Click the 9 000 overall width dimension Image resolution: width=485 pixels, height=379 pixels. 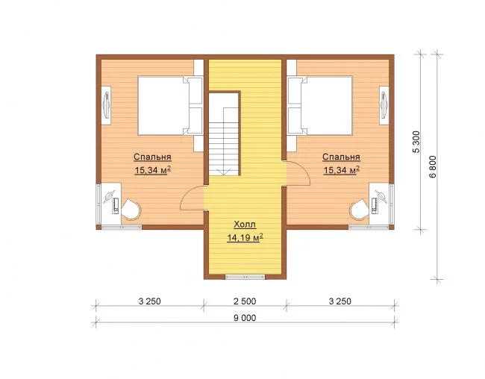pyautogui.click(x=245, y=318)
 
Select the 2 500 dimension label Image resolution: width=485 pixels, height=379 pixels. pyautogui.click(x=245, y=301)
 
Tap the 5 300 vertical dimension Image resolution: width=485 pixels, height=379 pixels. pyautogui.click(x=416, y=142)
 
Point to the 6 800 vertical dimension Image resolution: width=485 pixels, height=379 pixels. pyautogui.click(x=433, y=166)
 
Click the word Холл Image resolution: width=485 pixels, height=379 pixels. pyautogui.click(x=245, y=225)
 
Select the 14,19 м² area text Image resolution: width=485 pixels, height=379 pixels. pyautogui.click(x=245, y=237)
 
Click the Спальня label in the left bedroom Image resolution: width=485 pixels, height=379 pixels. pyautogui.click(x=152, y=157)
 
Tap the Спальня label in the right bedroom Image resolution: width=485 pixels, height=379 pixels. pyautogui.click(x=341, y=157)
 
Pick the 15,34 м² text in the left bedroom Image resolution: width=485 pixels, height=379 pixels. pyautogui.click(x=153, y=170)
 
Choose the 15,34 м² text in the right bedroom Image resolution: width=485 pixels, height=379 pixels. pyautogui.click(x=342, y=170)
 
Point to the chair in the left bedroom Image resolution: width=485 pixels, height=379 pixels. pyautogui.click(x=131, y=209)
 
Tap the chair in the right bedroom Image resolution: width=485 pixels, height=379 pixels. pyautogui.click(x=360, y=209)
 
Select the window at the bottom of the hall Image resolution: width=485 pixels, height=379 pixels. pyautogui.click(x=245, y=277)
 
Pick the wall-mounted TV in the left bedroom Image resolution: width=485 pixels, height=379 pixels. pyautogui.click(x=107, y=105)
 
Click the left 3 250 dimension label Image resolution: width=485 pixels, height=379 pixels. pyautogui.click(x=150, y=301)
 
